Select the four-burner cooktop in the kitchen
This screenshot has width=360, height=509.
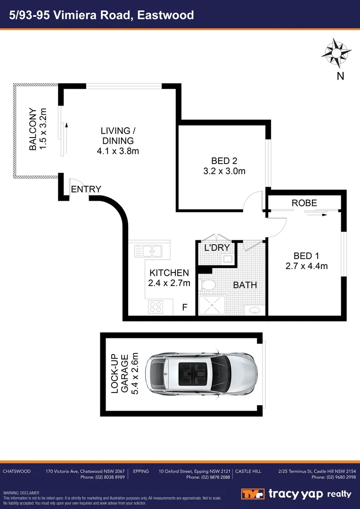(x=155, y=307)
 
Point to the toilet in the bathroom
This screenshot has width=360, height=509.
(x=207, y=285)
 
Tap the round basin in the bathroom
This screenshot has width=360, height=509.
(x=255, y=310)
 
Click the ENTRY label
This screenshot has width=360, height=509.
(x=86, y=189)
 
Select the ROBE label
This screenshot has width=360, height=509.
(x=304, y=203)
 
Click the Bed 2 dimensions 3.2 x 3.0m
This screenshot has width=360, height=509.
(x=221, y=172)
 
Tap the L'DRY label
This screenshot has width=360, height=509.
(x=216, y=247)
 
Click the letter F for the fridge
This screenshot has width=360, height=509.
(x=185, y=308)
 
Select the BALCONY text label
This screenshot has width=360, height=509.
(x=33, y=130)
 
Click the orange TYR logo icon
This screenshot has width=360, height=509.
(x=253, y=494)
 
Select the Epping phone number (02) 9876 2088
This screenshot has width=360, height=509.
(x=208, y=477)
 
